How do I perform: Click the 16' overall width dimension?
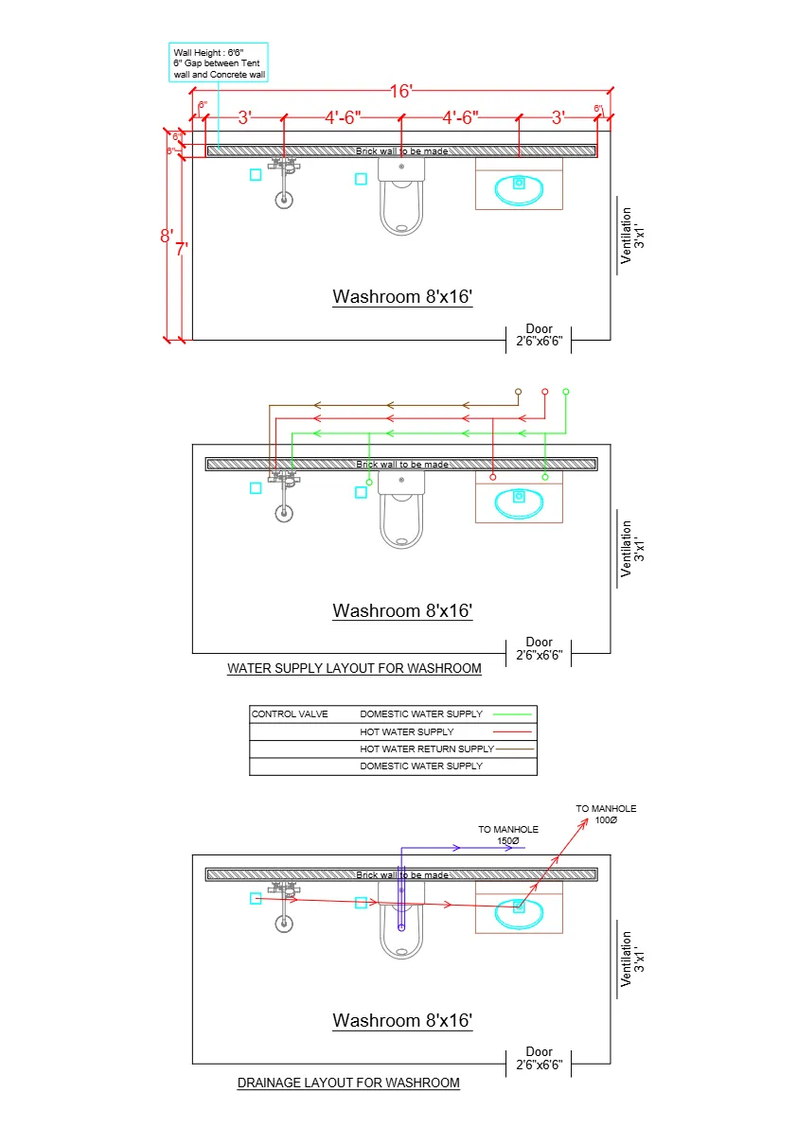tap(401, 91)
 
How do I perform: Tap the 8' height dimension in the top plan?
tap(166, 236)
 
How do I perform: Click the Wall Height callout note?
tap(219, 62)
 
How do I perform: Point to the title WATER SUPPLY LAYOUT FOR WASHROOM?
tap(354, 668)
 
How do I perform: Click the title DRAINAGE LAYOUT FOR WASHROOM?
tap(348, 1083)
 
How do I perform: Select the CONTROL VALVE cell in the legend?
tap(290, 714)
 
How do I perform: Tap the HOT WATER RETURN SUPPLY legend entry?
tap(427, 748)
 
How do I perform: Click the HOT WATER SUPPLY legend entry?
tap(407, 731)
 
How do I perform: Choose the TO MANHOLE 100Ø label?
tap(606, 814)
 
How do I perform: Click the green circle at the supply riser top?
tap(566, 391)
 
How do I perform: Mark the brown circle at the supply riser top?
tap(518, 391)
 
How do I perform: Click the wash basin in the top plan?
tap(519, 187)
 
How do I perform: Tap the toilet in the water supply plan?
tap(401, 511)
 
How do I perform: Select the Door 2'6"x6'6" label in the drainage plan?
tap(539, 1058)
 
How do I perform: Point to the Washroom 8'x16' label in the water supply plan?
tap(401, 611)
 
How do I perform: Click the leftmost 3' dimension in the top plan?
tap(244, 117)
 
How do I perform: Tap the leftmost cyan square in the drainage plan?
tap(256, 898)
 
